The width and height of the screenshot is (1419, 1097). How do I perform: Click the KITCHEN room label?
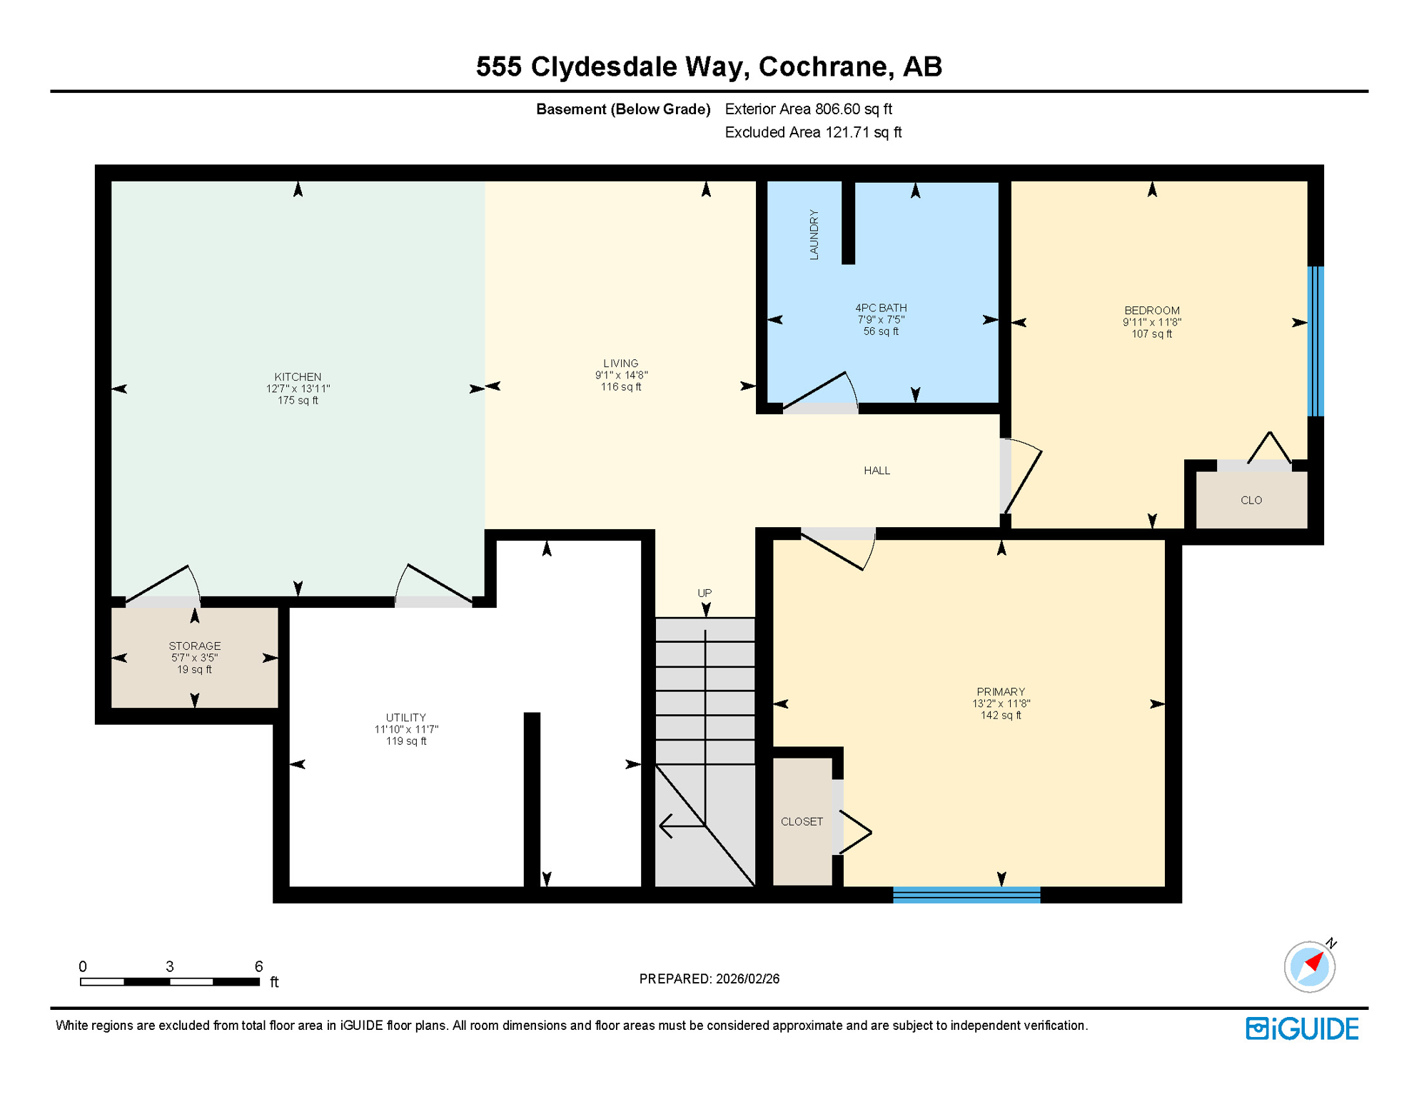tap(298, 377)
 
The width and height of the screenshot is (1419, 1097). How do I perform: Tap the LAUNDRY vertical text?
tap(814, 234)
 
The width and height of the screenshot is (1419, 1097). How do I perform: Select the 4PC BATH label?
tap(881, 308)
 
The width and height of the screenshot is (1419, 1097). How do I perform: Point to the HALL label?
tap(877, 471)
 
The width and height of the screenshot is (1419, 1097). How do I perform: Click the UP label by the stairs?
tap(705, 593)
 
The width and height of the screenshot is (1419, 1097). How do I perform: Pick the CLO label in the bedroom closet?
tap(1251, 501)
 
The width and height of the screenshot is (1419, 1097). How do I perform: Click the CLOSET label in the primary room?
tap(802, 822)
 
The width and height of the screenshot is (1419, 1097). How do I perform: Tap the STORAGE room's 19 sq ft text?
tap(194, 670)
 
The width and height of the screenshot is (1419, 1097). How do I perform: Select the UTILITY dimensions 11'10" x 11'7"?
tap(406, 730)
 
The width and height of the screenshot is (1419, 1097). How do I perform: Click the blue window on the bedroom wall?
tap(1316, 341)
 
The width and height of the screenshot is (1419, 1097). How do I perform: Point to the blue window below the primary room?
tap(966, 895)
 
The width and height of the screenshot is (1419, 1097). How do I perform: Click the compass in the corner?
tap(1310, 967)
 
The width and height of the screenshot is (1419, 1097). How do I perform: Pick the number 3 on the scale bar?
tap(169, 966)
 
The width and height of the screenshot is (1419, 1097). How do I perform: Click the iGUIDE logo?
tap(1302, 1029)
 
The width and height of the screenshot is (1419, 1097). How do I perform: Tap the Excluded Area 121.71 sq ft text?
tap(813, 133)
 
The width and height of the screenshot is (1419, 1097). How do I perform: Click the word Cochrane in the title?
tap(824, 66)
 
